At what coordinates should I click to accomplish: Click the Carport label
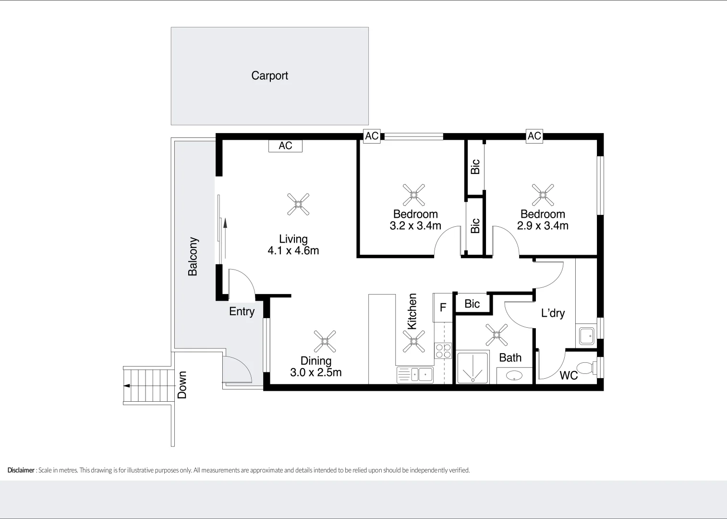(x=269, y=75)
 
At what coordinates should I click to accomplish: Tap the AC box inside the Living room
(x=285, y=146)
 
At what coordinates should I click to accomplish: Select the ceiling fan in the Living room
(x=298, y=204)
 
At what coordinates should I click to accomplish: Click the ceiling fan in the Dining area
(x=325, y=341)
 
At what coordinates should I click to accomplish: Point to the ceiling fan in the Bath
(x=497, y=334)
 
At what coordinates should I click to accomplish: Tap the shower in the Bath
(x=473, y=367)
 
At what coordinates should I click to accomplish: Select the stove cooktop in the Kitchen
(x=443, y=351)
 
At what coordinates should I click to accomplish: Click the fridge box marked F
(x=443, y=308)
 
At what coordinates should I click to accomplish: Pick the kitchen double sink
(x=415, y=374)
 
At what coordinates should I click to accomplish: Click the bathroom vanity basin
(x=514, y=376)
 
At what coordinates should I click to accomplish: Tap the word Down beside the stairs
(x=182, y=385)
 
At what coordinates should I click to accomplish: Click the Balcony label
(x=193, y=257)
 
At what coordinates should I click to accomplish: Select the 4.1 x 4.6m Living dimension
(x=293, y=251)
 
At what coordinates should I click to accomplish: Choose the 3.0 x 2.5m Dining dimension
(x=316, y=372)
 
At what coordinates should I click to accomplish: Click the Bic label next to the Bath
(x=472, y=304)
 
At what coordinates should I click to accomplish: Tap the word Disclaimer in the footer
(x=21, y=470)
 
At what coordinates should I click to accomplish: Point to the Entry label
(x=242, y=311)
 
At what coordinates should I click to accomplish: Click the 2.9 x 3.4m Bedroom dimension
(x=543, y=226)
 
